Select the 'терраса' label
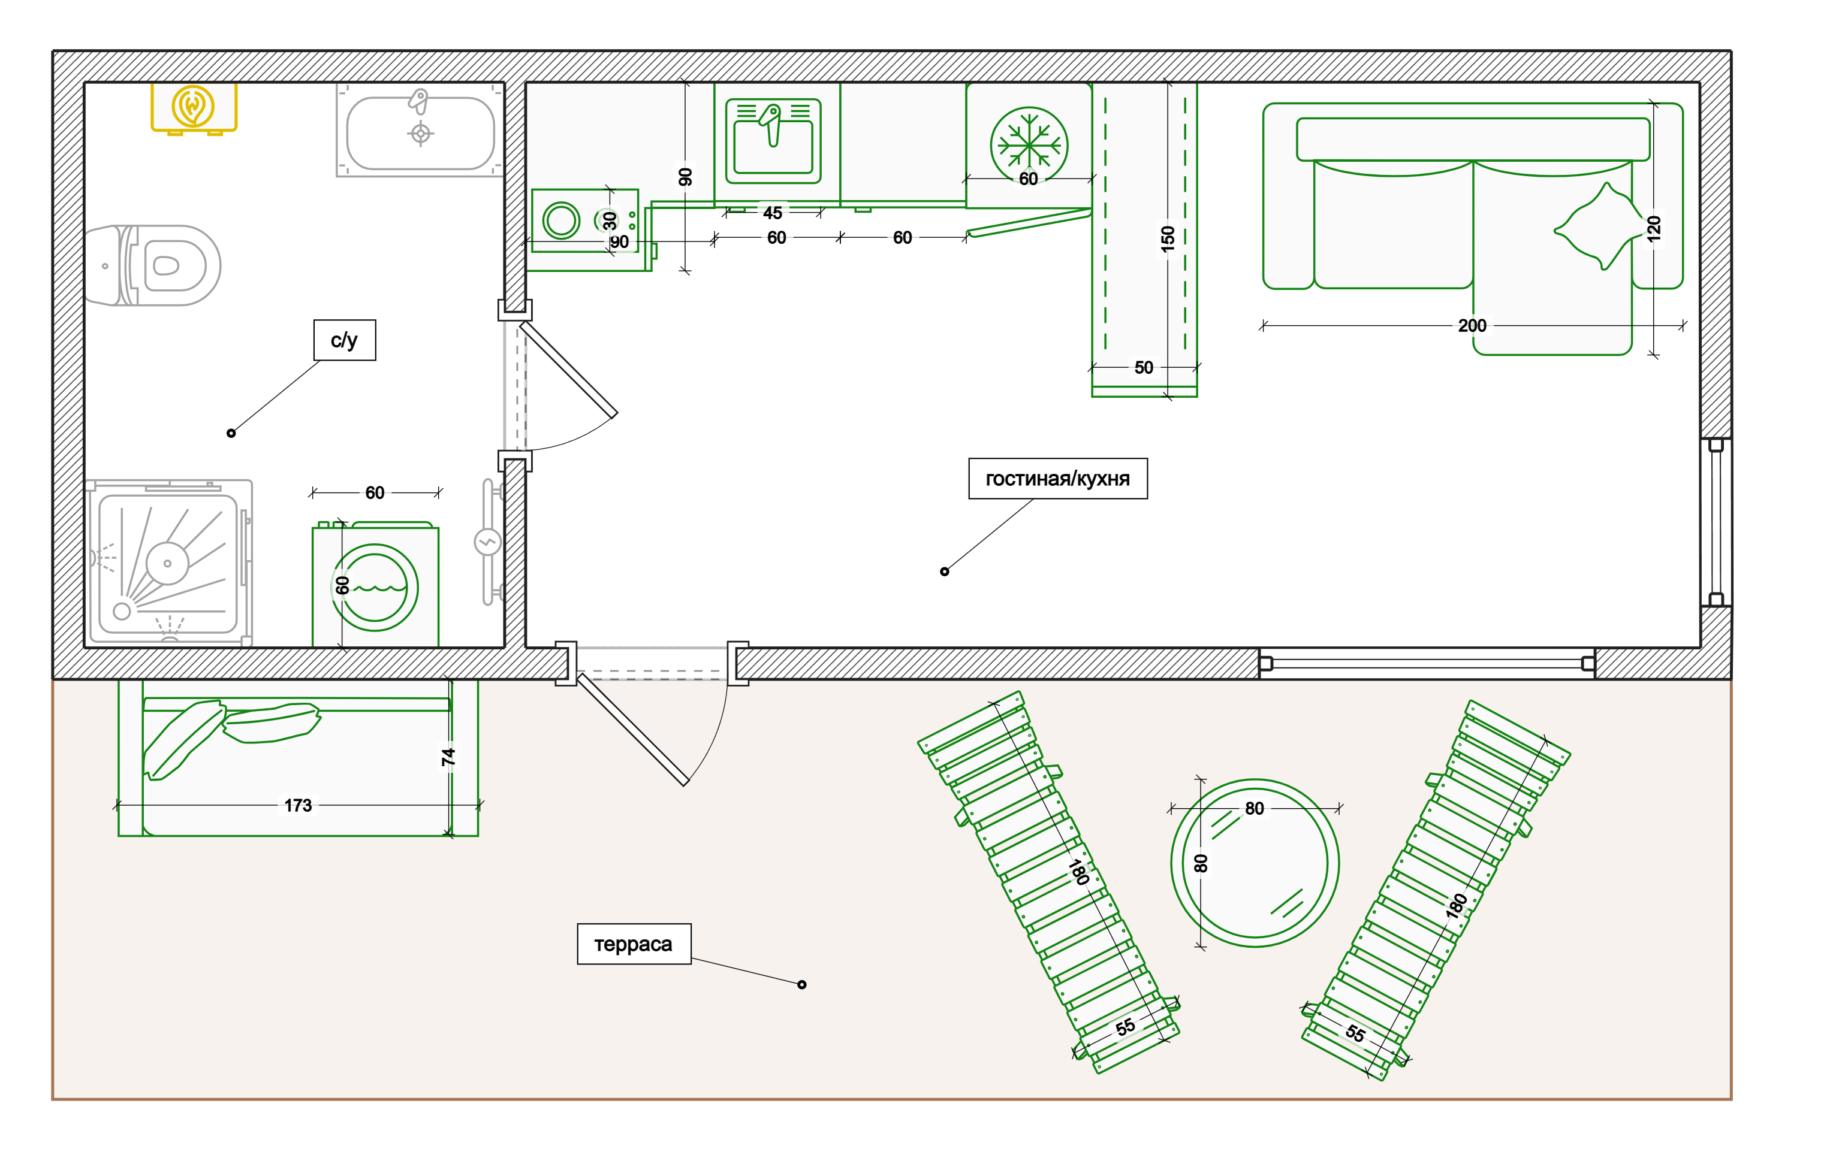click(x=634, y=944)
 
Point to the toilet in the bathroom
click(x=152, y=265)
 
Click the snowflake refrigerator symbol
click(x=1029, y=145)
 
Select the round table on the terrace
click(x=1255, y=863)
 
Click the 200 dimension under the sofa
click(x=1472, y=325)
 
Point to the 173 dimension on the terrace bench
click(x=298, y=805)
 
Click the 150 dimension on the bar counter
click(x=1168, y=238)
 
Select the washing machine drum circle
click(x=374, y=588)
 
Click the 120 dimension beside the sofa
click(x=1653, y=229)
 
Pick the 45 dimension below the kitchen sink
click(x=772, y=213)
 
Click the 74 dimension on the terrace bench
click(x=448, y=757)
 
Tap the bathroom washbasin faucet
click(x=418, y=101)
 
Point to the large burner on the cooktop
click(x=561, y=221)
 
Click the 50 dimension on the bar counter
click(x=1143, y=367)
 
